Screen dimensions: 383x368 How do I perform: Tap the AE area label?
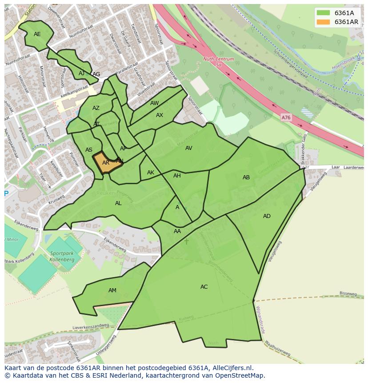pos(37,34)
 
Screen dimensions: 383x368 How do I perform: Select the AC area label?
pos(204,287)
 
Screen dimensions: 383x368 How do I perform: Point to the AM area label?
pos(112,290)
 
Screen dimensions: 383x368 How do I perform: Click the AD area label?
pos(267,216)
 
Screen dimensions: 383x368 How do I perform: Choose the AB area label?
pos(246,177)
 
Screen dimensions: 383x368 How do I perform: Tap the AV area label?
pos(189,148)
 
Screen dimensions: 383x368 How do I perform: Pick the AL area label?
pos(118,203)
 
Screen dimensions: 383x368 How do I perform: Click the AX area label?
pos(160,115)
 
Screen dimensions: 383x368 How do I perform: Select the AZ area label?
pos(96,108)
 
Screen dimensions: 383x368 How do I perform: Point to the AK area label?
pos(151,173)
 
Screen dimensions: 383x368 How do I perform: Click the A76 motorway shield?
pos(286,117)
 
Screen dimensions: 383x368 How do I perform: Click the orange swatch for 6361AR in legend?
pos(323,22)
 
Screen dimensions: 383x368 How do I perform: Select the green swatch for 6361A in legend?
pos(323,13)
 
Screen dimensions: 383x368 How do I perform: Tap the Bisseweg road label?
pos(348,294)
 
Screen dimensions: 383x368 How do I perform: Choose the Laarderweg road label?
pos(354,168)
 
